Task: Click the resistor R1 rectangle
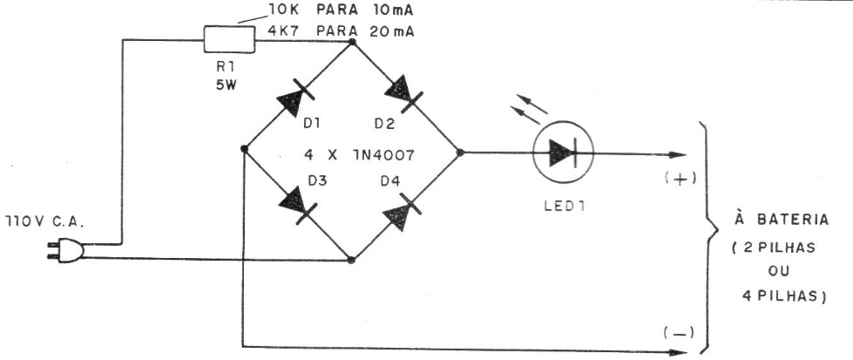click(x=229, y=40)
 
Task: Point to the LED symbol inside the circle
click(x=563, y=153)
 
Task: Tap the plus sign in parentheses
click(x=680, y=180)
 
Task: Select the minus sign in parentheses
click(x=679, y=332)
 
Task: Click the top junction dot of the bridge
click(x=352, y=41)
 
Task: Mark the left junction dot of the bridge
click(x=244, y=149)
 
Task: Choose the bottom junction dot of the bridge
click(x=351, y=261)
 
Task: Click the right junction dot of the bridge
click(x=460, y=153)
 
